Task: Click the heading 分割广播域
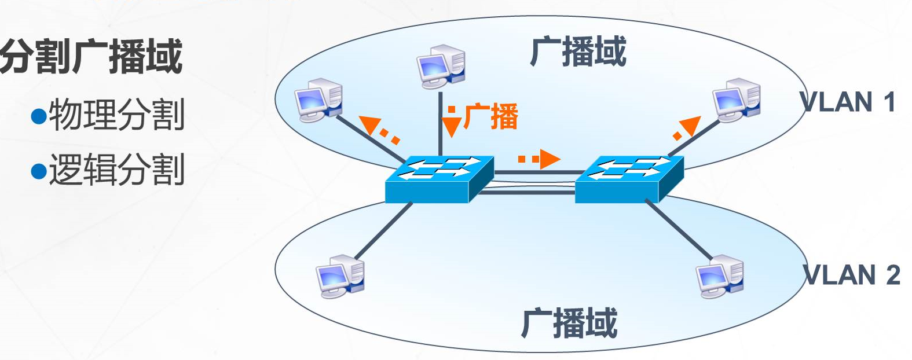pyautogui.click(x=91, y=57)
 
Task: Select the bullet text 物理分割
pyautogui.click(x=116, y=115)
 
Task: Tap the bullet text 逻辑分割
pyautogui.click(x=116, y=169)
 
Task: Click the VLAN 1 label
pyautogui.click(x=848, y=102)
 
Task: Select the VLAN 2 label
pyautogui.click(x=851, y=275)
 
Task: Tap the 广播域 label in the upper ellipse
pyautogui.click(x=578, y=52)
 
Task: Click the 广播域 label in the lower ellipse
pyautogui.click(x=569, y=323)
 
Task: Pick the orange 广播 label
pyautogui.click(x=491, y=116)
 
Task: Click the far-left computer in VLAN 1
pyautogui.click(x=318, y=100)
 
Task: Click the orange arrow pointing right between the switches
pyautogui.click(x=547, y=159)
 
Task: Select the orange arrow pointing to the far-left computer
pyautogui.click(x=371, y=125)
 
